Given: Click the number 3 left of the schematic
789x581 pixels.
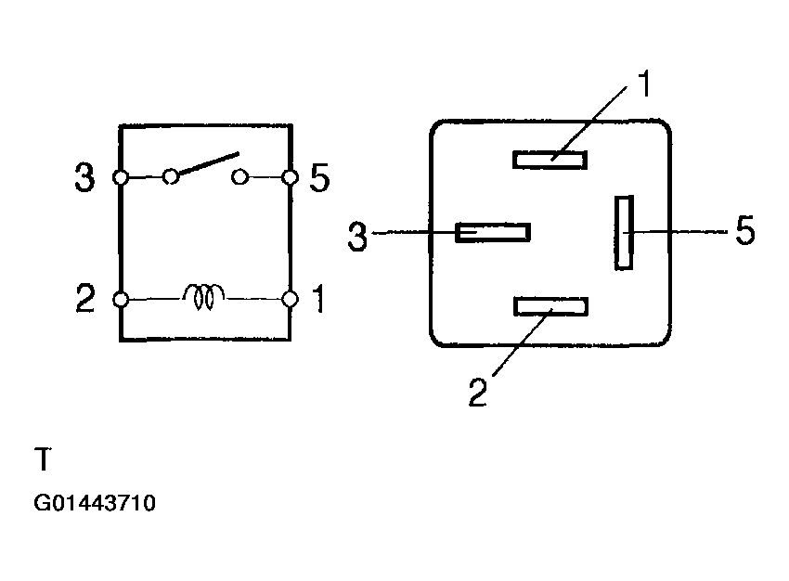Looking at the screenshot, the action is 84,177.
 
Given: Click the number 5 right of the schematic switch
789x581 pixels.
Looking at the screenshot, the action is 319,177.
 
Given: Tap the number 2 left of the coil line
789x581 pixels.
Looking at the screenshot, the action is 85,298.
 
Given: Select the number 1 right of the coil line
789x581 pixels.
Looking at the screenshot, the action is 319,298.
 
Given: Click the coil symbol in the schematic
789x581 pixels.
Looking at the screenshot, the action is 204,297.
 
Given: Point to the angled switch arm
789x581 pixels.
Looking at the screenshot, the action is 208,163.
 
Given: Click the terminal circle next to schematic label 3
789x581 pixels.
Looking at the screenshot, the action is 121,177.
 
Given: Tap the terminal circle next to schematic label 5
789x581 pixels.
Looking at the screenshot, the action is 290,177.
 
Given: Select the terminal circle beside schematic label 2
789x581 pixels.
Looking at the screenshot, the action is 121,299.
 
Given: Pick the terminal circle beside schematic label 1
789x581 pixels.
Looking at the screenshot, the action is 290,299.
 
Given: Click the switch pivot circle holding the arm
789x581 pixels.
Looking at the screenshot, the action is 171,176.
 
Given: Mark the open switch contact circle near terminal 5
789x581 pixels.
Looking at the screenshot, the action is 240,177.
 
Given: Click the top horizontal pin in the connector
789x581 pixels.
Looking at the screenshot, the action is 550,160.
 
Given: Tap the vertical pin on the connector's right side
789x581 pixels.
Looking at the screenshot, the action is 624,232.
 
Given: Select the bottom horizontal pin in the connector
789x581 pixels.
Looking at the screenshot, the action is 551,306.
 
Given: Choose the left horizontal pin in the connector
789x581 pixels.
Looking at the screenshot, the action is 493,232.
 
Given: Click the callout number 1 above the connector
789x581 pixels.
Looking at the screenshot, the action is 644,84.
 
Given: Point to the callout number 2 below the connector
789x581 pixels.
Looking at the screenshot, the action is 478,392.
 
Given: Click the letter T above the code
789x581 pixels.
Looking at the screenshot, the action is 44,458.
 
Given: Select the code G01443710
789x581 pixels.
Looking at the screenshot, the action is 95,503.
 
